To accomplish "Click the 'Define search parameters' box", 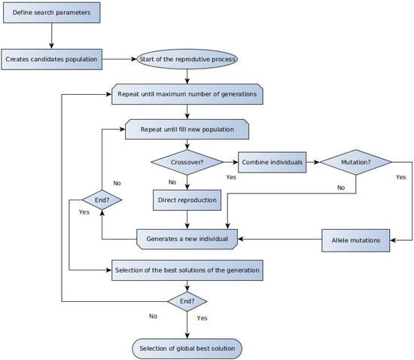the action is pos(51,12).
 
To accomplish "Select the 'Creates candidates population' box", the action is pos(51,59).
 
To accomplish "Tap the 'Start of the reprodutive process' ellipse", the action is pos(187,59).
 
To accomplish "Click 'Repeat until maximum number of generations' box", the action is pos(187,94).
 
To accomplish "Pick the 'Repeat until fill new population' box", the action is pos(187,130).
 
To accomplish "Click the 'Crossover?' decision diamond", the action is pos(187,162).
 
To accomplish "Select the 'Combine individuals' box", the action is pos(272,162).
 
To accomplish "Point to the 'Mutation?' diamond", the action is pos(355,162).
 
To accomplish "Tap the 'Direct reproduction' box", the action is pos(187,200).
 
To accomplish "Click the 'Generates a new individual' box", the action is pos(187,239).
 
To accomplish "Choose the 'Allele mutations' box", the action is pos(355,240).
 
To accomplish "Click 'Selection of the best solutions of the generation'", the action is pos(187,270).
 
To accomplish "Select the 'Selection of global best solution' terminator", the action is pos(187,349).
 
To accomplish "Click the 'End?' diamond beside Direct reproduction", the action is pos(102,200).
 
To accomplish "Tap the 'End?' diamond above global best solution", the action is pos(187,301).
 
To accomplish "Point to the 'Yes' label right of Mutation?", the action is pos(400,177).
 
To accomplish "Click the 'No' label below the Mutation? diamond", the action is pos(341,188).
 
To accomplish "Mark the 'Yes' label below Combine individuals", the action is pos(231,177).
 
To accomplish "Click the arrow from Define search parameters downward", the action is pos(51,36).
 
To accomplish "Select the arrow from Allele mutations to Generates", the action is pos(279,239).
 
